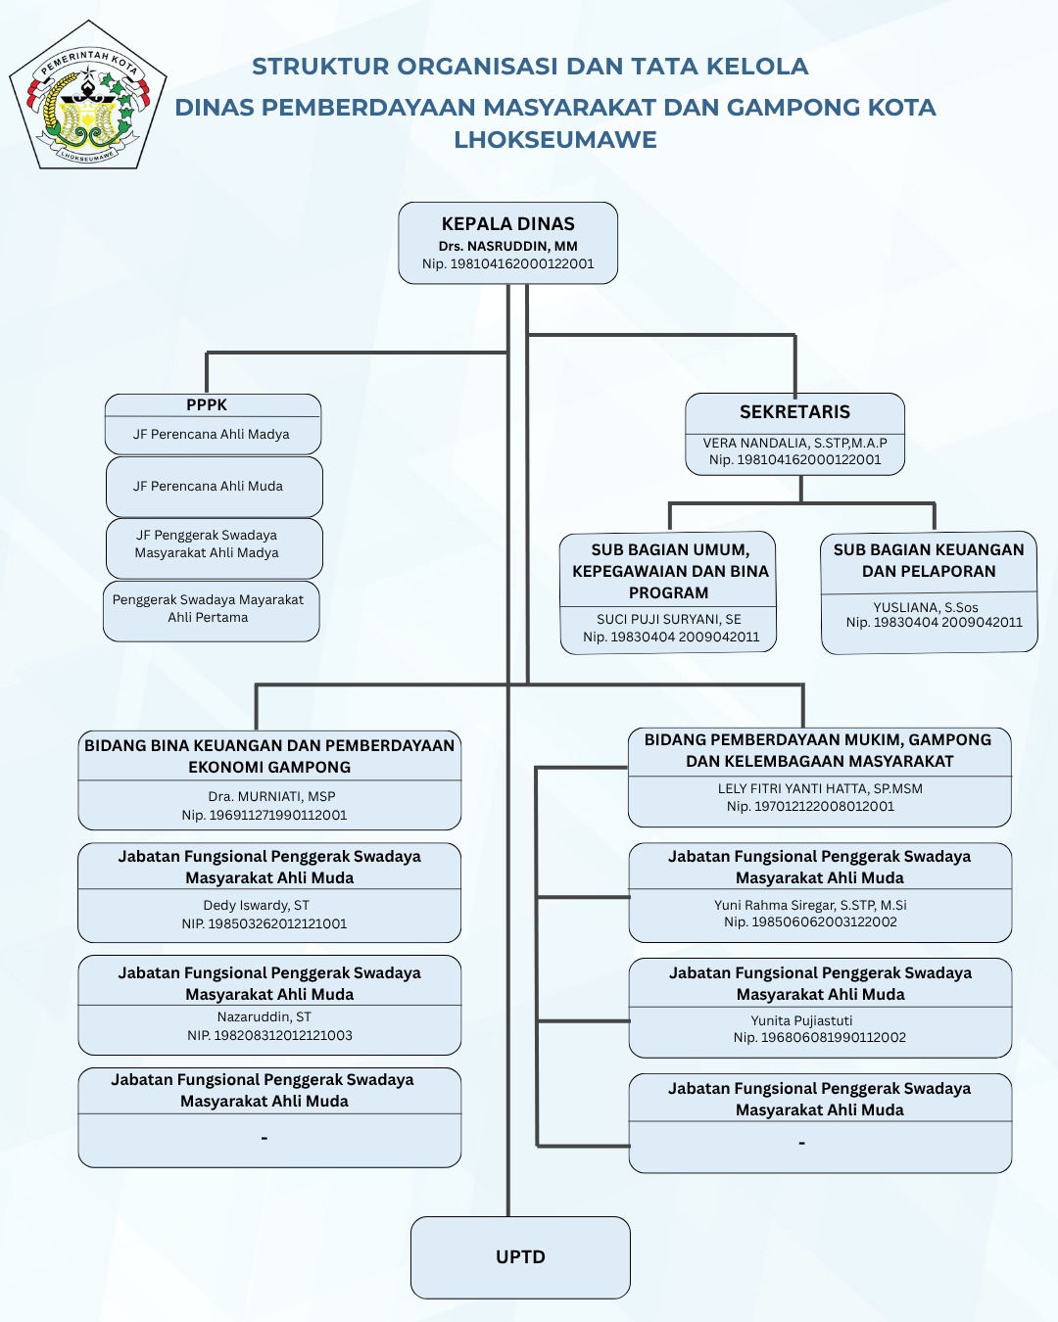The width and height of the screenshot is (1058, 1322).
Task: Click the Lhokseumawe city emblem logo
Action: (88, 96)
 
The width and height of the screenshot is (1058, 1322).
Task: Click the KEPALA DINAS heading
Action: (507, 224)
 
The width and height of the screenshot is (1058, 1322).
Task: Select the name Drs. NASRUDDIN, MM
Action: (507, 246)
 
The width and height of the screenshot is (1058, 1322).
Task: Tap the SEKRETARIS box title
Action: (794, 412)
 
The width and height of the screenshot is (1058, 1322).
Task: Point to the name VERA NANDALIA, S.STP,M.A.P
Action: (794, 443)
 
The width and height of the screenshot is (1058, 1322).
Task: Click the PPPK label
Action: (207, 404)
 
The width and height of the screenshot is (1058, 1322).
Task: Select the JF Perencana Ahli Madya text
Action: (212, 434)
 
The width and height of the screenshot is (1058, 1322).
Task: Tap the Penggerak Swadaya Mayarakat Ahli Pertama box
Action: (209, 608)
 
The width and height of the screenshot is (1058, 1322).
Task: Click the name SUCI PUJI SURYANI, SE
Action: (669, 619)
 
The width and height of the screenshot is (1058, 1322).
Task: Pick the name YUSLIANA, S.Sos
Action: (926, 607)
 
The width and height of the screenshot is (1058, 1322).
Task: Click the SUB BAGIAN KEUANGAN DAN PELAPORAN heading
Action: (929, 561)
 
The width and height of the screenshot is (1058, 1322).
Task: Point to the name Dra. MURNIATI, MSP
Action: (271, 796)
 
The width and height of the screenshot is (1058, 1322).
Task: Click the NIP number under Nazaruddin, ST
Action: (270, 1035)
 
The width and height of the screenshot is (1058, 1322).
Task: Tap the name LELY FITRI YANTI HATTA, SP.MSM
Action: (820, 788)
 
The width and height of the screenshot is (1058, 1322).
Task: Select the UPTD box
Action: (520, 1257)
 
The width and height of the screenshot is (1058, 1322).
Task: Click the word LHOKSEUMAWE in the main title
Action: (555, 140)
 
